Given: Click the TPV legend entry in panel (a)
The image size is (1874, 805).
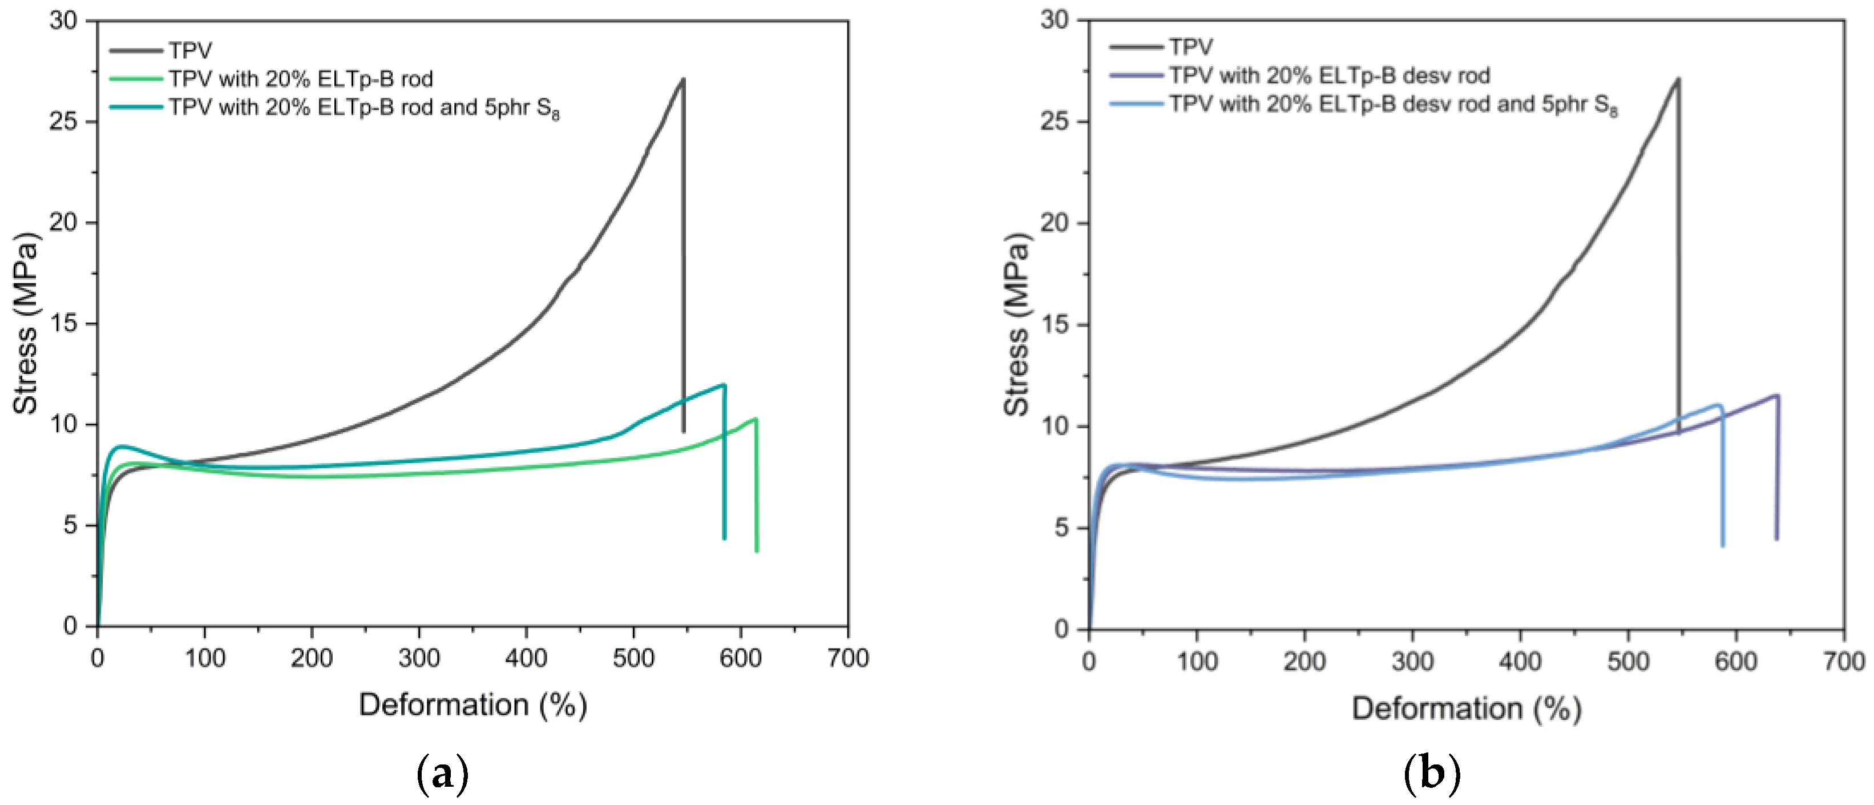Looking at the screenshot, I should [x=190, y=50].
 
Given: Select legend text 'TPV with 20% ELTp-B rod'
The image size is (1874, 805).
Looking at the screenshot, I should [x=301, y=79].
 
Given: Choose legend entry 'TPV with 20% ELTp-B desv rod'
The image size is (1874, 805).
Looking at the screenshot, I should [x=1329, y=76].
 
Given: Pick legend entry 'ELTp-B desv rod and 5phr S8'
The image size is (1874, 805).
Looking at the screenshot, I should [x=1393, y=105].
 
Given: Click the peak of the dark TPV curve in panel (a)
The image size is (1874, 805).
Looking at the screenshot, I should [x=683, y=79].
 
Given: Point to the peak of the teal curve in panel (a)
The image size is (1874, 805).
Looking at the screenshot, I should [x=724, y=385].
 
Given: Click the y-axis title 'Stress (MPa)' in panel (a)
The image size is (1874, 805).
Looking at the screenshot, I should [x=26, y=324].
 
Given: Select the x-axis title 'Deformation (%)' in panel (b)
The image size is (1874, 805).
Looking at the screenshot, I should [x=1466, y=708].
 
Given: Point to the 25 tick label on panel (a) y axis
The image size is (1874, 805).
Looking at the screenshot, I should [x=63, y=121].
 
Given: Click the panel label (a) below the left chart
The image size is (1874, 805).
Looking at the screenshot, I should [x=442, y=774].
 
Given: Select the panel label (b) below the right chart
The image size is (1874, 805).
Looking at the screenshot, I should [x=1432, y=774].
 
